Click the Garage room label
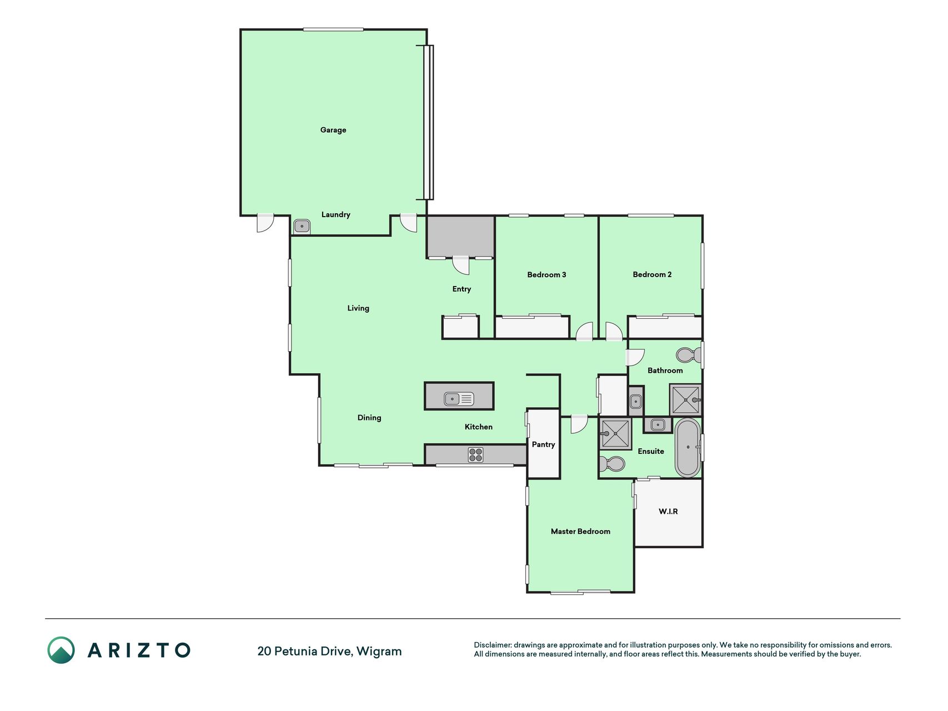click(333, 130)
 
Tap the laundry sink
click(302, 226)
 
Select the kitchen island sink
click(459, 398)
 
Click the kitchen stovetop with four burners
click(475, 455)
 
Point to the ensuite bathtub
click(688, 447)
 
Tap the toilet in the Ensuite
click(611, 463)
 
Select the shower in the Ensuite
click(615, 434)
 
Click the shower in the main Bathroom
click(686, 399)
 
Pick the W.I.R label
click(668, 511)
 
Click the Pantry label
click(543, 444)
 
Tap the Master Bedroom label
click(580, 532)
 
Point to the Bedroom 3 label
click(546, 274)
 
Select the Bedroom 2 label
click(652, 274)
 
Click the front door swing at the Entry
click(460, 266)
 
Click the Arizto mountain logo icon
click(61, 650)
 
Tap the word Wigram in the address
click(379, 651)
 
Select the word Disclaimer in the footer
click(492, 645)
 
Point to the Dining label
click(369, 418)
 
